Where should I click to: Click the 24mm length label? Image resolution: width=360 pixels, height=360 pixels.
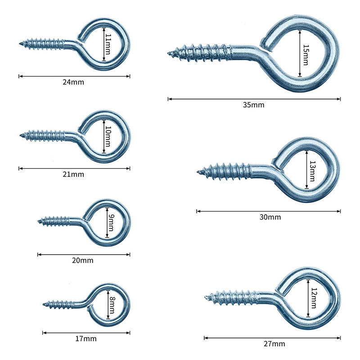(x=74, y=82)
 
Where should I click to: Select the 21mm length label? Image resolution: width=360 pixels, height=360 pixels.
(x=74, y=174)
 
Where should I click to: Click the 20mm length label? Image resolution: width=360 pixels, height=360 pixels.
(x=83, y=260)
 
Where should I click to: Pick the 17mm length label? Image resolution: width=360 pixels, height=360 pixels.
(x=86, y=339)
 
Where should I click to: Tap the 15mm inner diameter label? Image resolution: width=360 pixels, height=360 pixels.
(x=306, y=54)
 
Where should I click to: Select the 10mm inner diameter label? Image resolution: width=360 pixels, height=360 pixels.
(x=107, y=136)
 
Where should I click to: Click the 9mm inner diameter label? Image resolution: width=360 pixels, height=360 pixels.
(x=111, y=222)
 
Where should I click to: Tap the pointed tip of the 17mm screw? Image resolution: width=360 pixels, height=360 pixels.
(x=45, y=304)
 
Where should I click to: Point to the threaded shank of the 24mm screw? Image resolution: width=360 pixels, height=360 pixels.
(x=45, y=44)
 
